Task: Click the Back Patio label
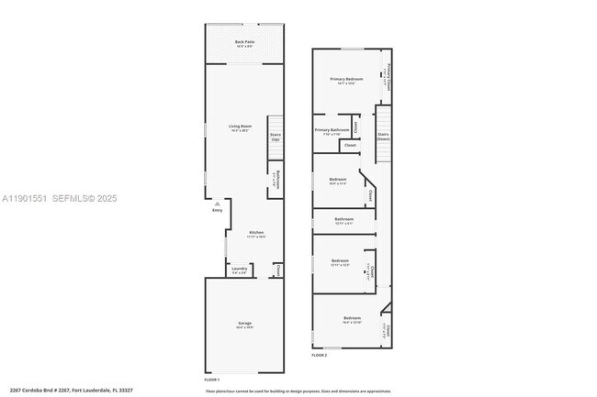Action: point(244,43)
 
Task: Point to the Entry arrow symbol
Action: point(217,204)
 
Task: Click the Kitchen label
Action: point(256,233)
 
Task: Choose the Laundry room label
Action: point(239,270)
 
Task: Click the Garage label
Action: point(244,324)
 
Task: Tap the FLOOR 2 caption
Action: point(320,354)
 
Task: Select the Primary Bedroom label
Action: point(347,80)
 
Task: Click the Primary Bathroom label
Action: point(332,130)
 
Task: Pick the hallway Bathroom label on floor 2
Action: point(344,220)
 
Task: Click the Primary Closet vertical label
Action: point(389,76)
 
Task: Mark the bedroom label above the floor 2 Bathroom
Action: point(338,180)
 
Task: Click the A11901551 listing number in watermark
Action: point(25,198)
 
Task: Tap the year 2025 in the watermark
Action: point(105,198)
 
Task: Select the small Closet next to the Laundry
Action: point(276,270)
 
